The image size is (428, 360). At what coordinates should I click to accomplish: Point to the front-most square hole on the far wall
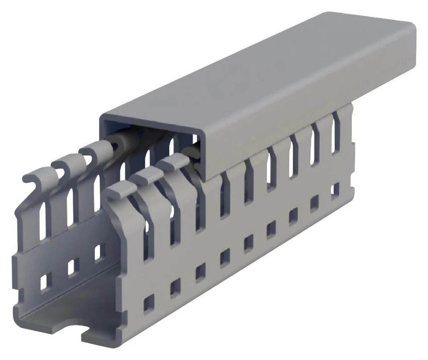[45, 281]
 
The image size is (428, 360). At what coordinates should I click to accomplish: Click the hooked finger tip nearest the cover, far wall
[91, 149]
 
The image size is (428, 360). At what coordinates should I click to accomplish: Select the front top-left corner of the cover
[102, 117]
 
